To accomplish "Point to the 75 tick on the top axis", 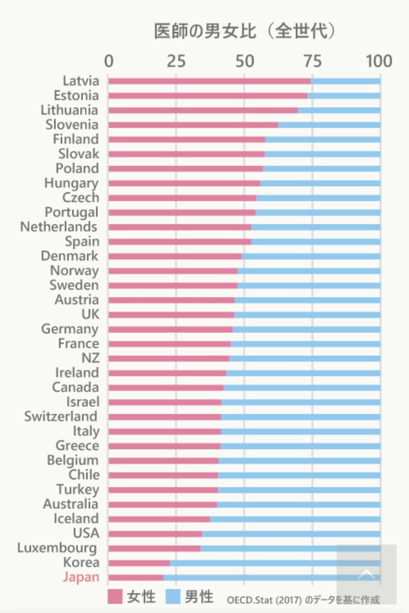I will click(312, 61).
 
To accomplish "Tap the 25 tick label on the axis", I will click(176, 61).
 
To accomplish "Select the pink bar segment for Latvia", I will click(209, 81).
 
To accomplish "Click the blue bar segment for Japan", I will click(250, 577).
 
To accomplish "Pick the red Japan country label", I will click(81, 577).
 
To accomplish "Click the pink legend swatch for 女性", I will click(115, 596).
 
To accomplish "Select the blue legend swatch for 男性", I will click(174, 596).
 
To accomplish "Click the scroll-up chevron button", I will click(366, 574).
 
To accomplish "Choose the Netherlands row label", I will click(59, 226).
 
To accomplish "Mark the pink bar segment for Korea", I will click(139, 563).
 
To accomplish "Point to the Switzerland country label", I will click(61, 416).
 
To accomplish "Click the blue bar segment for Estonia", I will click(344, 96).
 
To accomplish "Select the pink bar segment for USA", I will click(155, 534).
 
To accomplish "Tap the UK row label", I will click(90, 314).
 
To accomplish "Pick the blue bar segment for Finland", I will click(323, 139).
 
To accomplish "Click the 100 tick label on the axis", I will click(378, 61).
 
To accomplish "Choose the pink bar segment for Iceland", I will click(159, 519).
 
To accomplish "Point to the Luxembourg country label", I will click(57, 548).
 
